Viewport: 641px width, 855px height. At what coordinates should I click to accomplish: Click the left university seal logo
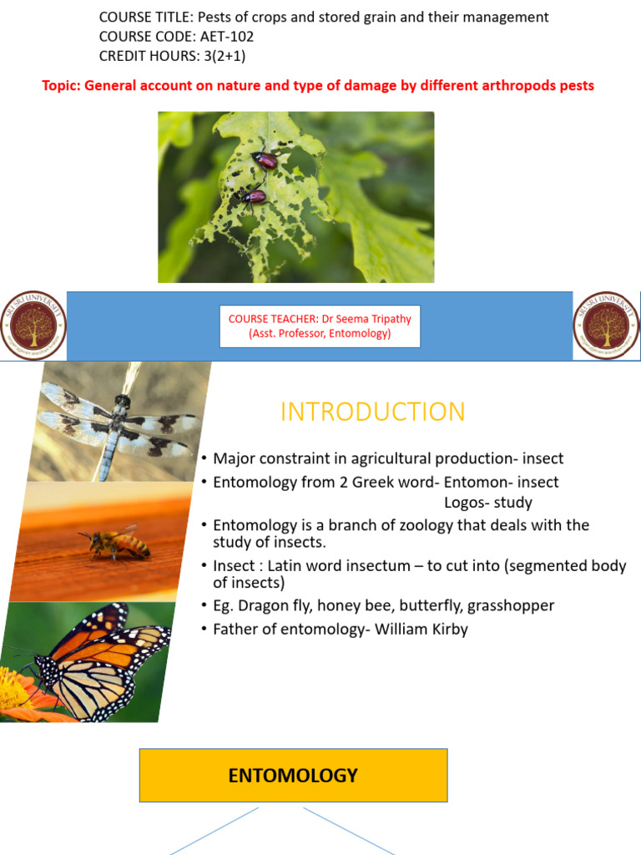[x=33, y=326]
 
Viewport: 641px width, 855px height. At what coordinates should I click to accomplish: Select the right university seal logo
[x=606, y=326]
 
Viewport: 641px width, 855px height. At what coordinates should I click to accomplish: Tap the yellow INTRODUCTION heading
[x=372, y=412]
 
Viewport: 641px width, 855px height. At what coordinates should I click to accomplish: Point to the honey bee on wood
[x=116, y=544]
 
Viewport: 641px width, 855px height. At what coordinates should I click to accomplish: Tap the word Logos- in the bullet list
[x=467, y=503]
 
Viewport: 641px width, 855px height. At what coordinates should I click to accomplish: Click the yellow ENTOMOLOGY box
[x=293, y=776]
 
